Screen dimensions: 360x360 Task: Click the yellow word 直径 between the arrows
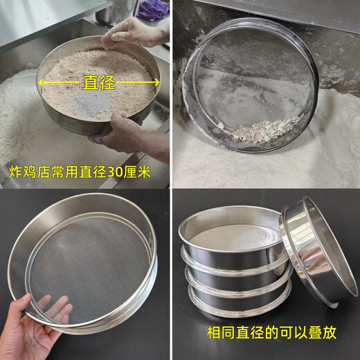(x=98, y=82)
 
